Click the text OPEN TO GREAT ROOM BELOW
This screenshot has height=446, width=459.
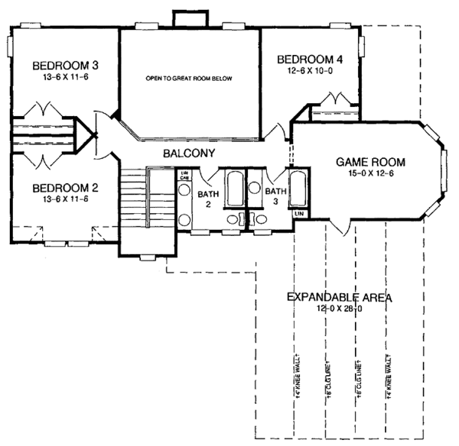[189, 79]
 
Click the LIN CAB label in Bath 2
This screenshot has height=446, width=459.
[184, 176]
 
